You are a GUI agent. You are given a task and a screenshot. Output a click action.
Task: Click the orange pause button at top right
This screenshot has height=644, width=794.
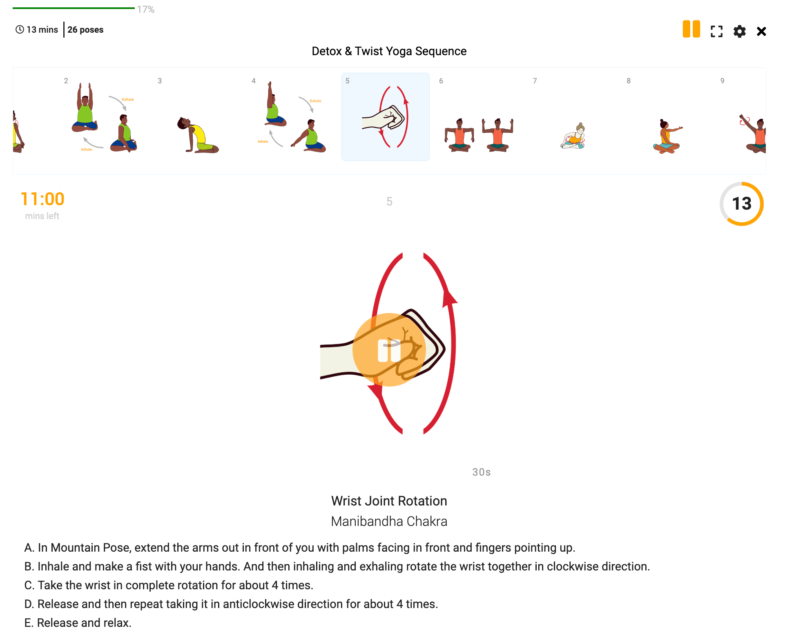click(691, 29)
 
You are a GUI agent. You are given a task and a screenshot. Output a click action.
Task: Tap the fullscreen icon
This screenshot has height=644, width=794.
click(716, 31)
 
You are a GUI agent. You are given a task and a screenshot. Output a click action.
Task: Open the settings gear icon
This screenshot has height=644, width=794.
click(739, 31)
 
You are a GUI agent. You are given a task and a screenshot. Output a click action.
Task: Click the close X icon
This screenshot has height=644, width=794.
click(761, 31)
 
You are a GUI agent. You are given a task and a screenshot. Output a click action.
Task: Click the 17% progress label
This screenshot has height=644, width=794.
click(145, 9)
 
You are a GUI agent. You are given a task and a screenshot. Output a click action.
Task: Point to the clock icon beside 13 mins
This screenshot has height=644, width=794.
click(20, 29)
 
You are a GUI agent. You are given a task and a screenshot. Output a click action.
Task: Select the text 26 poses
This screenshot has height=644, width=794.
click(85, 30)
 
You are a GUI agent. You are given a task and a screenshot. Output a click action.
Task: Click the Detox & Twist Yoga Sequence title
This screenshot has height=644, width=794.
click(389, 51)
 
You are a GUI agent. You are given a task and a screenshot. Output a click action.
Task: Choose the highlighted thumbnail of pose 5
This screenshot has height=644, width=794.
click(385, 117)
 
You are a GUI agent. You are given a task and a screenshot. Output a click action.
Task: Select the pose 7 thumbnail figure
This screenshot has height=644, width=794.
click(573, 136)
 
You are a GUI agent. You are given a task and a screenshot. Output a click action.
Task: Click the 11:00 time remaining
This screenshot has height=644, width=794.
click(42, 199)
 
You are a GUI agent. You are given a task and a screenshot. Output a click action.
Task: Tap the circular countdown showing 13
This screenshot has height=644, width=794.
click(741, 203)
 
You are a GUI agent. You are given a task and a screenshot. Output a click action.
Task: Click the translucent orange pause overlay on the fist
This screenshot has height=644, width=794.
click(389, 350)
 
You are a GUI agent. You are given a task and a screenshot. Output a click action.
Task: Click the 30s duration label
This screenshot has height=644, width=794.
click(481, 472)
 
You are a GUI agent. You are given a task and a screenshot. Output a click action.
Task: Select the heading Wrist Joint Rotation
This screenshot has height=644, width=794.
click(389, 501)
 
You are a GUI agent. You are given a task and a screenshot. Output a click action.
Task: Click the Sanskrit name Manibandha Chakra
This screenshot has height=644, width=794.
click(389, 521)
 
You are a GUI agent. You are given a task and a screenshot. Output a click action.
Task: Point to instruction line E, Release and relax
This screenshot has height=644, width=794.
click(78, 623)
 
